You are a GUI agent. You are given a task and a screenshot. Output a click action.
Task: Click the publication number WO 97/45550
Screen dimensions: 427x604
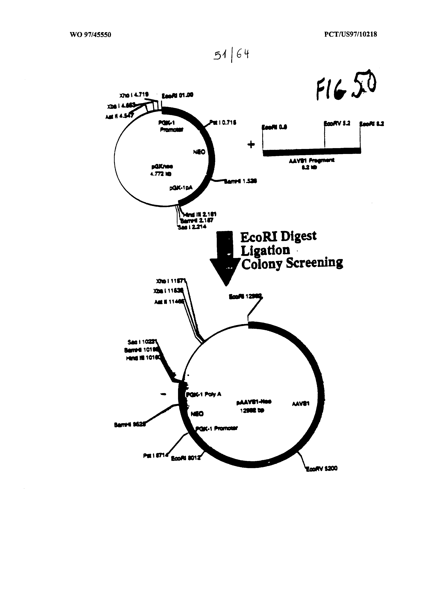click(x=90, y=34)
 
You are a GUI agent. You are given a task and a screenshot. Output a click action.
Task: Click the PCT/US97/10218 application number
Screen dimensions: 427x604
click(x=351, y=34)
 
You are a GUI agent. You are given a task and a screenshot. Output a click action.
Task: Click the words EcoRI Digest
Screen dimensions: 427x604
click(x=278, y=236)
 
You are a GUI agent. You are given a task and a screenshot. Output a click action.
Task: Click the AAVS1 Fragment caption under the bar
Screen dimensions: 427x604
click(x=312, y=160)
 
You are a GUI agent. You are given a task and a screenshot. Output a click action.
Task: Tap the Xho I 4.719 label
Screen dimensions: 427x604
click(x=134, y=94)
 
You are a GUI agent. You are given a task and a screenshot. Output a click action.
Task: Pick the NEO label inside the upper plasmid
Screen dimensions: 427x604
click(x=199, y=152)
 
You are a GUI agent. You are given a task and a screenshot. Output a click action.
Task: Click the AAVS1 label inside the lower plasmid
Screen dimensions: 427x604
click(x=300, y=403)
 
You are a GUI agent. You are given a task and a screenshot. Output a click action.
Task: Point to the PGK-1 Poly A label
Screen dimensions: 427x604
click(x=204, y=394)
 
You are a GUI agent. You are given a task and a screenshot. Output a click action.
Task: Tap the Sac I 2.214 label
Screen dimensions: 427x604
click(x=192, y=227)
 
